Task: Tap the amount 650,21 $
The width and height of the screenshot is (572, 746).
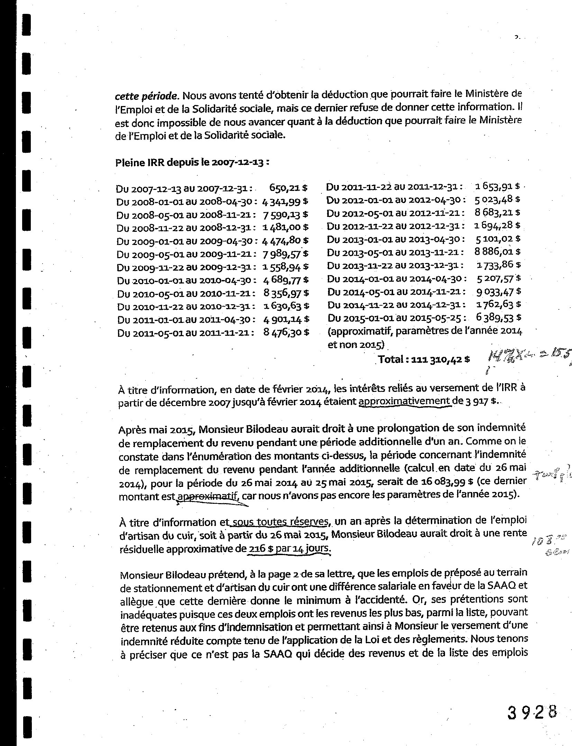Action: tap(288, 188)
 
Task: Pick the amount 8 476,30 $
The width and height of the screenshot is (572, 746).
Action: tap(286, 332)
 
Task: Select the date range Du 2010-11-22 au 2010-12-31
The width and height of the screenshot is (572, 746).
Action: tap(187, 307)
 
